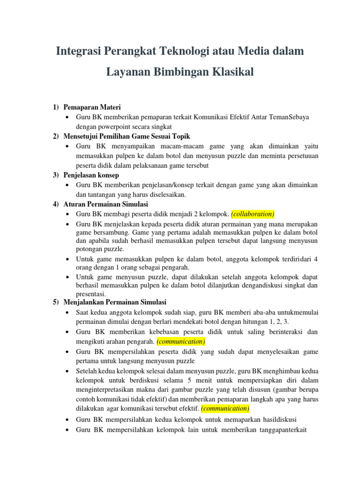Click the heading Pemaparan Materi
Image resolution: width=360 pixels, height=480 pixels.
92,108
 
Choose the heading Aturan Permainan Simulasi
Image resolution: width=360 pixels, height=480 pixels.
106,204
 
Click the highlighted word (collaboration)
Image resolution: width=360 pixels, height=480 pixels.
253,214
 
